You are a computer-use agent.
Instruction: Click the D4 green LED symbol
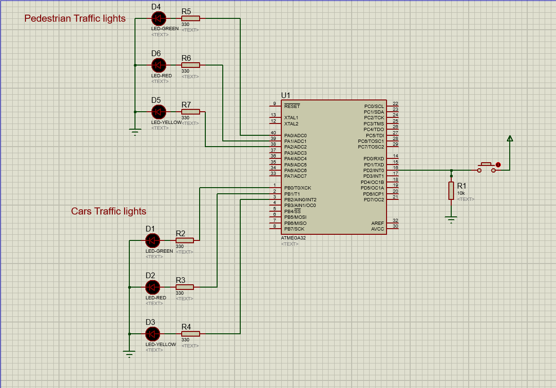[158, 18]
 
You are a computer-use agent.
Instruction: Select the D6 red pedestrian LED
[158, 65]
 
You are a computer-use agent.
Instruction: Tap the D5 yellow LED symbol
[158, 112]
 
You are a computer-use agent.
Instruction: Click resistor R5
[190, 18]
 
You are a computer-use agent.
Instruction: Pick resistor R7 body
[190, 112]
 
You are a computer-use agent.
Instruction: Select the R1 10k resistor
[451, 190]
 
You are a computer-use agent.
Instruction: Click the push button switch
[487, 167]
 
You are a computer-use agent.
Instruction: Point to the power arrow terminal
[510, 139]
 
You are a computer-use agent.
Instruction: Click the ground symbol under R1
[451, 219]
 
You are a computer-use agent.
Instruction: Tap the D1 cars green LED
[152, 240]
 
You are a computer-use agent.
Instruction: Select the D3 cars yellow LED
[152, 334]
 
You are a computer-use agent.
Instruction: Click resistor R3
[185, 287]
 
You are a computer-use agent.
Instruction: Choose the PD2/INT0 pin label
[373, 170]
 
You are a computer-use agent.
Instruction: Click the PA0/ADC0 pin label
[295, 135]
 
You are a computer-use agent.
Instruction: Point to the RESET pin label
[292, 107]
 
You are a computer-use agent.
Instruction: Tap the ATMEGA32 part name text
[293, 238]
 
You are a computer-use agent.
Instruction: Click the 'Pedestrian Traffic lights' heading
[75, 18]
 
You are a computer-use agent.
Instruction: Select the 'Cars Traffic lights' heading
[109, 211]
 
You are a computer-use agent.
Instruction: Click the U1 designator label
[286, 95]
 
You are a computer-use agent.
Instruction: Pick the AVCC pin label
[378, 229]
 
